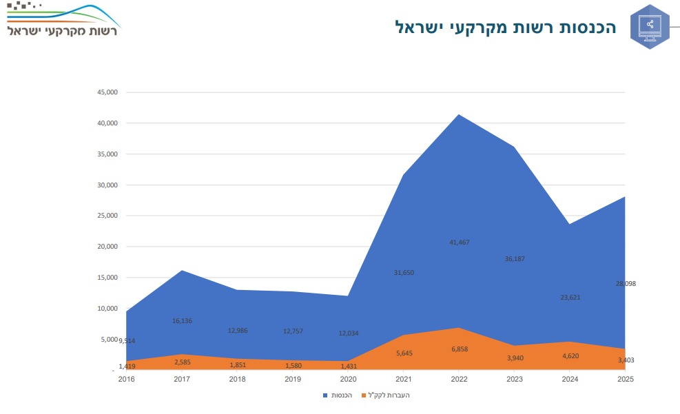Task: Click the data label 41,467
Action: click(458, 242)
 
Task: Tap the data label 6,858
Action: click(458, 350)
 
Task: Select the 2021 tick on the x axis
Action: click(403, 379)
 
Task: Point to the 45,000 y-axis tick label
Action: click(109, 92)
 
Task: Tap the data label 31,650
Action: click(403, 273)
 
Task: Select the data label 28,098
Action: click(624, 284)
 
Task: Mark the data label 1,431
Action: click(347, 366)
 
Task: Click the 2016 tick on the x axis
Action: click(127, 379)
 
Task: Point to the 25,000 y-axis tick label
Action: click(109, 216)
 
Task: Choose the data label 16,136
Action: click(182, 321)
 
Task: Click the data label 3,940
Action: click(513, 358)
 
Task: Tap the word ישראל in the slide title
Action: click(421, 28)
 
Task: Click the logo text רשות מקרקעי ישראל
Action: click(63, 32)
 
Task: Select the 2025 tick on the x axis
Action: click(624, 379)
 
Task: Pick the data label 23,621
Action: click(568, 298)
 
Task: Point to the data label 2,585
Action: click(182, 362)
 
